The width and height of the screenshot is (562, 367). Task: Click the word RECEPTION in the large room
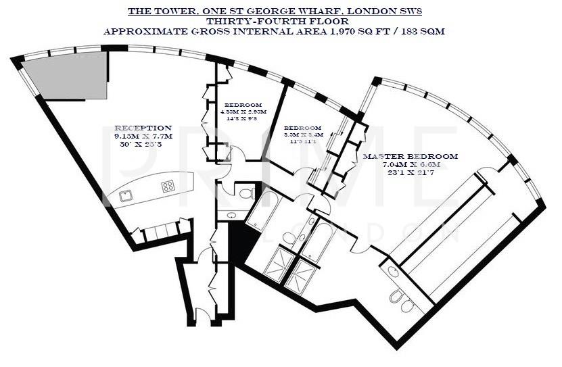(x=143, y=128)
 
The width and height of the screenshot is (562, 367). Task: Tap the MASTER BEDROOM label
(x=411, y=157)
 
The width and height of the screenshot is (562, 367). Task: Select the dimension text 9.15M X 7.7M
(x=143, y=136)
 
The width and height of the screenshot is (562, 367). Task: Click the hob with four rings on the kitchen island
(x=167, y=186)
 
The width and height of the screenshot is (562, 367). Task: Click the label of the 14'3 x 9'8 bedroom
(x=243, y=104)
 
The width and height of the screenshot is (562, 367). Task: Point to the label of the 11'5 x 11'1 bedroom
(x=302, y=128)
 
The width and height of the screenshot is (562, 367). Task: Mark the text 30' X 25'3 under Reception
(x=143, y=144)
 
